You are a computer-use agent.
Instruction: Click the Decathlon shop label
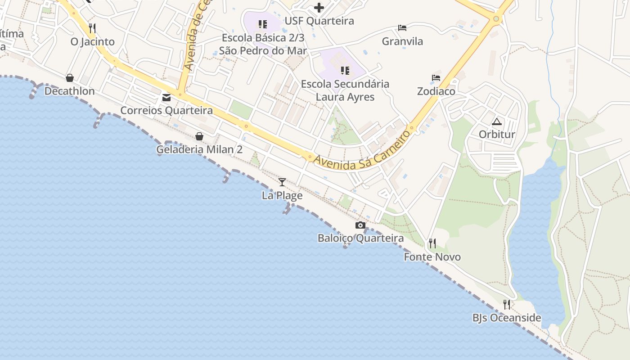[69, 91]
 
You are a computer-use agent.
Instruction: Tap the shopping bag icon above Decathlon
[69, 78]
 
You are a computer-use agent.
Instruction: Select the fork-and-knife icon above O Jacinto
[92, 28]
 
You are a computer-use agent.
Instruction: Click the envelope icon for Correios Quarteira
[166, 97]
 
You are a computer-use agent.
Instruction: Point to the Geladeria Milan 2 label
[199, 149]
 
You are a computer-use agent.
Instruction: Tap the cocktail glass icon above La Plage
[282, 182]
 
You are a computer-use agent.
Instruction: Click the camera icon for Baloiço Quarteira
[360, 225]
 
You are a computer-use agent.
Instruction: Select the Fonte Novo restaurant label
[432, 257]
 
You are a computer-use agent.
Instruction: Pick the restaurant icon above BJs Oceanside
[507, 305]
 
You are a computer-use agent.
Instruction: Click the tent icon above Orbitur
[497, 121]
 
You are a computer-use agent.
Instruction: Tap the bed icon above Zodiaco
[436, 78]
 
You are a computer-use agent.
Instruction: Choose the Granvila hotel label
[402, 41]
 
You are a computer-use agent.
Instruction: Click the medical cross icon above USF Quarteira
[319, 8]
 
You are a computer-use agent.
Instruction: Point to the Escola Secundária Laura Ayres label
[345, 90]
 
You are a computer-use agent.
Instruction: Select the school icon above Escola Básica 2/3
[263, 24]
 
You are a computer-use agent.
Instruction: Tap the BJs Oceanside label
[507, 318]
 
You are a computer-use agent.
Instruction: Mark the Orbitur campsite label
[497, 135]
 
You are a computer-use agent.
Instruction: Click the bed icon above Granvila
[402, 28]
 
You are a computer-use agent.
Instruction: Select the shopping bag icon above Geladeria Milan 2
[199, 136]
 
